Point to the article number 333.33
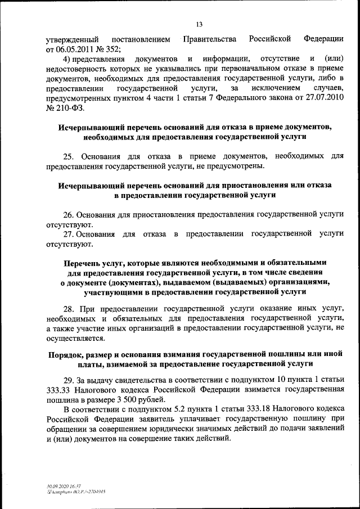(58, 389)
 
